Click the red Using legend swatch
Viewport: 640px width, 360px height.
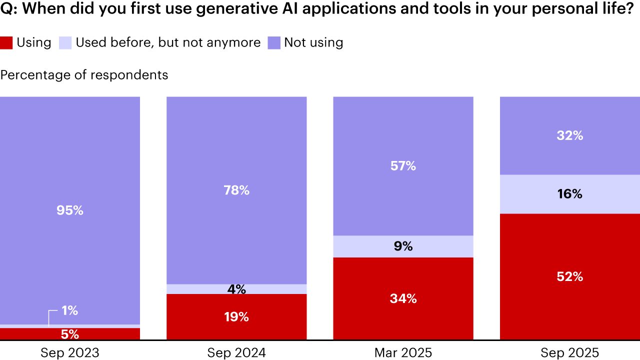pos(6,42)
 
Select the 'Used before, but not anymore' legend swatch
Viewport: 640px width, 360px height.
pos(65,42)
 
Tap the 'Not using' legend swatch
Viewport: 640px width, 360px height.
pos(273,42)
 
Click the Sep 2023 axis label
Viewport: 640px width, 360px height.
pos(69,352)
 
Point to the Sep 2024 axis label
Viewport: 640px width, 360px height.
pos(236,352)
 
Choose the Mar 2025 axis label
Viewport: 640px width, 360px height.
pos(403,352)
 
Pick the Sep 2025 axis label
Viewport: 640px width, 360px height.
pos(569,352)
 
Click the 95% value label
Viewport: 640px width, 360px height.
pos(69,210)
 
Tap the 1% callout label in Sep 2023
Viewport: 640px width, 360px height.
pos(69,310)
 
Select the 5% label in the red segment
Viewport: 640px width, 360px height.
pos(69,334)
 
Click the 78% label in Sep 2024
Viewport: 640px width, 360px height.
pos(236,190)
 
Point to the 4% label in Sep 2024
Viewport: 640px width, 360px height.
pos(236,289)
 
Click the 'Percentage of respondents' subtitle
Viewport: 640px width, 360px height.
pos(84,75)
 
